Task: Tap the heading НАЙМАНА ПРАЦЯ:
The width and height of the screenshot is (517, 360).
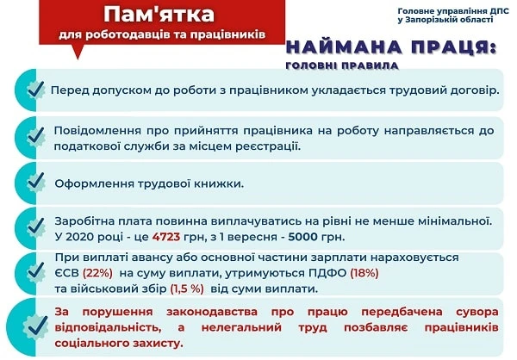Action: pos(391,47)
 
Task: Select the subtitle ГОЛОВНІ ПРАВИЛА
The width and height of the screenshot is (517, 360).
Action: pos(340,65)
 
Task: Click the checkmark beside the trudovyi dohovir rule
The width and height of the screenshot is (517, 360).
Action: pos(34,90)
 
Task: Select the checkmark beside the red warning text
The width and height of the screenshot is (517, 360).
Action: pos(34,326)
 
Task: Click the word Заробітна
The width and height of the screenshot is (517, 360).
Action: pos(84,221)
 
